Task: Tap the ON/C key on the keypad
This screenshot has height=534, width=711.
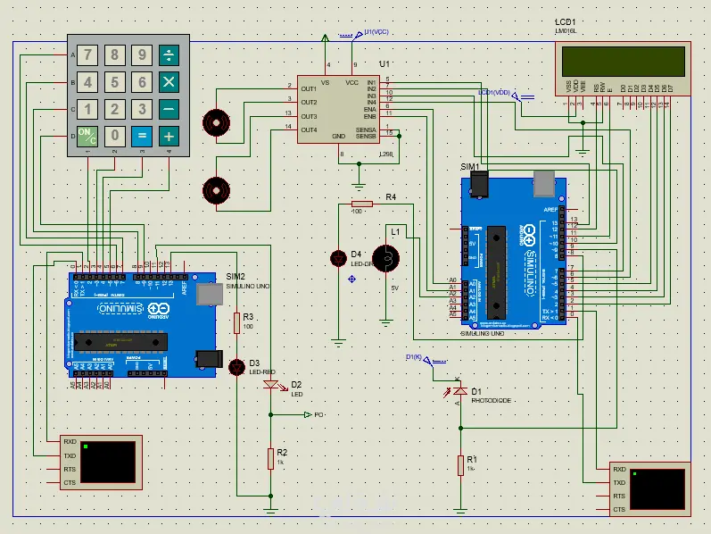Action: (87, 137)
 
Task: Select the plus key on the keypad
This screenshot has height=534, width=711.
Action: (168, 137)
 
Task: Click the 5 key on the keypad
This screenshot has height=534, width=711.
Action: (114, 83)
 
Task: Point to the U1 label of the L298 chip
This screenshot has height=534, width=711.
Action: (384, 64)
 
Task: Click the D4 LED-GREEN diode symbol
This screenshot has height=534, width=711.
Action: (338, 259)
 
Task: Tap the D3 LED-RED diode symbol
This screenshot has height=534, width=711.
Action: (237, 366)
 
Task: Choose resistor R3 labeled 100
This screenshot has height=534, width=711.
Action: (237, 322)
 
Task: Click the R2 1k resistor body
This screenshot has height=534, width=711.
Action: (270, 458)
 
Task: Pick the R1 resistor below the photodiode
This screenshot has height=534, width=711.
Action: (460, 464)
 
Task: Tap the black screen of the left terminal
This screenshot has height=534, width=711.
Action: (109, 461)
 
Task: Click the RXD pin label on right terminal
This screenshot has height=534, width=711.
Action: (619, 470)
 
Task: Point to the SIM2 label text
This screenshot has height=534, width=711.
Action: (236, 276)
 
